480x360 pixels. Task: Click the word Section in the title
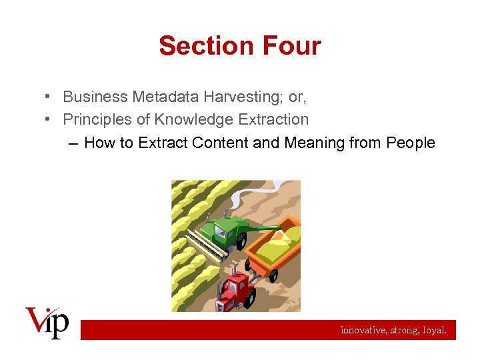coord(198,46)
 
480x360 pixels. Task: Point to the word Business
coord(95,97)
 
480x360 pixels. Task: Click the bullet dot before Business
coord(50,97)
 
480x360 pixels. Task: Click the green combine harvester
coord(226,233)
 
